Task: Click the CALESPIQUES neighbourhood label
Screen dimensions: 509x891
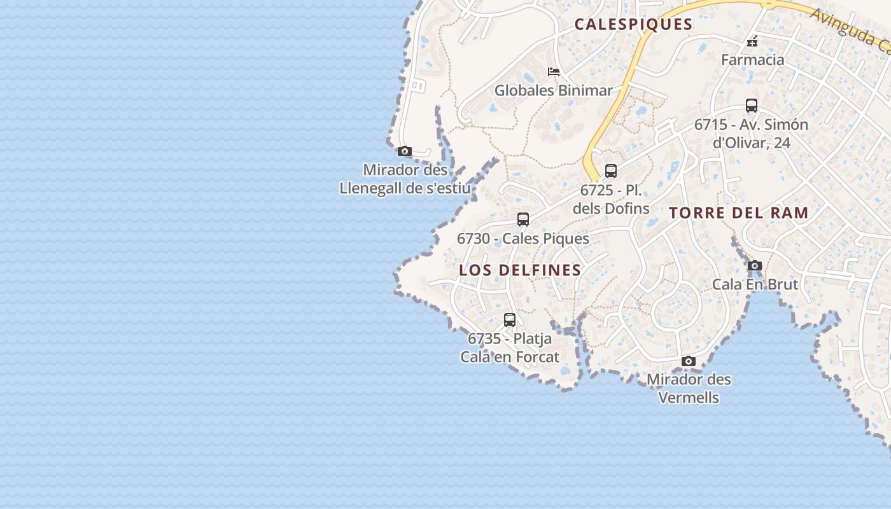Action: point(633,24)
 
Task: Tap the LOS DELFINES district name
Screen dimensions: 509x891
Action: point(520,270)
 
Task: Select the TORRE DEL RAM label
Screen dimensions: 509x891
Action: point(739,213)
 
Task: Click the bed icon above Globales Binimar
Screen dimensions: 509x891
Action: point(554,72)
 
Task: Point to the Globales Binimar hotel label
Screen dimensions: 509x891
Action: point(553,90)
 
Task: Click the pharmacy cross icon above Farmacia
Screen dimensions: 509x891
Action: point(752,42)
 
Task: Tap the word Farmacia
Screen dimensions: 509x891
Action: point(752,60)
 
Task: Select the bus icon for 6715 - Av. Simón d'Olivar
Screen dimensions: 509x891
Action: point(752,106)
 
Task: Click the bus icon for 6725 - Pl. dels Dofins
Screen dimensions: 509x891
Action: point(611,171)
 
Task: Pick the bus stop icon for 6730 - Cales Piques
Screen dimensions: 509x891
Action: point(523,220)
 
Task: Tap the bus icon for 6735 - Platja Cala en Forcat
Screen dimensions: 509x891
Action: point(510,320)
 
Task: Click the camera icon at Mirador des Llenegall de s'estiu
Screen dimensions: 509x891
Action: point(405,151)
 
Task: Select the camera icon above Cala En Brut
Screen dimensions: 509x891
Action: point(755,266)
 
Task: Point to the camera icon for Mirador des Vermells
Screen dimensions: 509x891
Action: point(689,361)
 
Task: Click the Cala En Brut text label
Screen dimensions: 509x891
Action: point(755,284)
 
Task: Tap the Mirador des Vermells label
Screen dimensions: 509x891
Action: point(689,388)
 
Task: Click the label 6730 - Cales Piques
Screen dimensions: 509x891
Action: point(523,239)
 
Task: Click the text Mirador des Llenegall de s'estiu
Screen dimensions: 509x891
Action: point(405,179)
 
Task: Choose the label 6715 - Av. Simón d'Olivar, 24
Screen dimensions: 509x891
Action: point(751,133)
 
